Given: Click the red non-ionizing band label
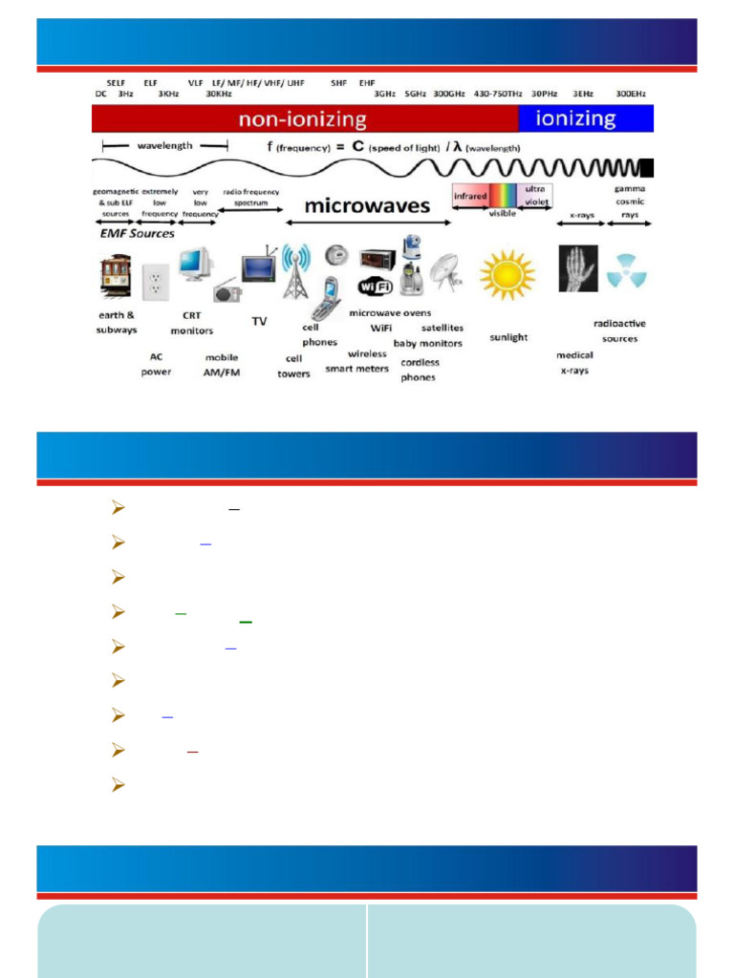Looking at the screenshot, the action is click(303, 119).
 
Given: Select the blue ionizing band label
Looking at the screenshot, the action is click(576, 118).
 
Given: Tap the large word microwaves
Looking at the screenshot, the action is click(367, 205).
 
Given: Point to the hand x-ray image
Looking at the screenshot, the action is click(577, 268).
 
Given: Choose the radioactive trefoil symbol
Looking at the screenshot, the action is click(626, 270).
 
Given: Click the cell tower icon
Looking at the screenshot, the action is click(295, 271).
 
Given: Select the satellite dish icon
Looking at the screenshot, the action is click(446, 271).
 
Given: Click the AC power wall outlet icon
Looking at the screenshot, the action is click(154, 282).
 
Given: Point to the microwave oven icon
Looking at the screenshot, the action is click(378, 258).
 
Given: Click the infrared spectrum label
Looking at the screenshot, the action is click(470, 196).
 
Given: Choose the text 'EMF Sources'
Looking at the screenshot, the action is click(138, 233).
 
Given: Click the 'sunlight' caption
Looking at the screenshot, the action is click(508, 337).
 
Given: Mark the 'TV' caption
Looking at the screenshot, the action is click(259, 322).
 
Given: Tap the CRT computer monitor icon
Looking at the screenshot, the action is click(196, 263).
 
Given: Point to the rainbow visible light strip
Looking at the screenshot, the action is click(502, 195).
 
